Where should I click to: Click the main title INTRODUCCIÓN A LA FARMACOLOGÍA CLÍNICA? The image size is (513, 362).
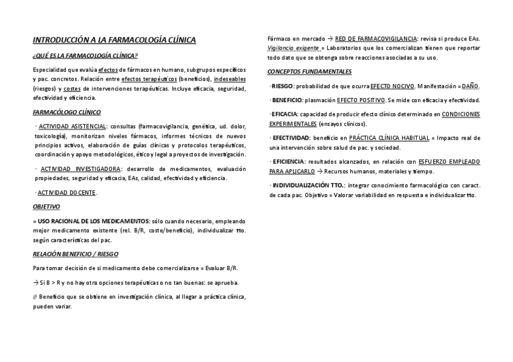(x=114, y=40)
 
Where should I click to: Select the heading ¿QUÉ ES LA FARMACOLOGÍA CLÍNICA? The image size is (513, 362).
(x=85, y=56)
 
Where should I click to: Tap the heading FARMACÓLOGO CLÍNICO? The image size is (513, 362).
(x=67, y=112)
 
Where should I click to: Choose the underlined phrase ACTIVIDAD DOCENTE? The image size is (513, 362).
(x=67, y=193)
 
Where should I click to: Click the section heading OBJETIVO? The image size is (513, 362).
(x=46, y=207)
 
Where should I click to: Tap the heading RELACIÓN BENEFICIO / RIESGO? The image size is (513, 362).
(x=76, y=254)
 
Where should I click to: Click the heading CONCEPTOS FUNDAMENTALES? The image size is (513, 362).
(x=309, y=71)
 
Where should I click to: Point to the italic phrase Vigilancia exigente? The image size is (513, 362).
(x=293, y=48)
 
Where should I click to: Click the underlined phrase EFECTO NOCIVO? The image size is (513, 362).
(x=392, y=86)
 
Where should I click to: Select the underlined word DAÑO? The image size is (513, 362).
(x=469, y=86)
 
